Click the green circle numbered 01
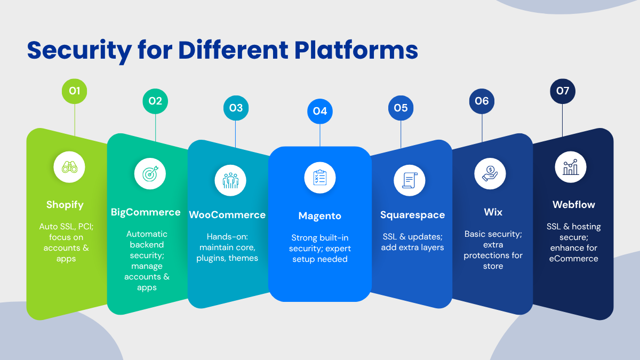pyautogui.click(x=75, y=91)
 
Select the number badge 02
pyautogui.click(x=155, y=101)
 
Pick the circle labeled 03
pyautogui.click(x=236, y=108)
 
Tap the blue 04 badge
pyautogui.click(x=320, y=111)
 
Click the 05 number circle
pyautogui.click(x=401, y=108)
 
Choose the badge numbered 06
pyautogui.click(x=482, y=101)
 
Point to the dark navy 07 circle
pyautogui.click(x=563, y=91)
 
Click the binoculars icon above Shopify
pyautogui.click(x=70, y=167)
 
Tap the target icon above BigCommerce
pyautogui.click(x=150, y=174)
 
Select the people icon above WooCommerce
pyautogui.click(x=230, y=180)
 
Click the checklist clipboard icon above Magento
pyautogui.click(x=320, y=178)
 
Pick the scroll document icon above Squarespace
pyautogui.click(x=410, y=180)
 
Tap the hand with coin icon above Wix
pyautogui.click(x=490, y=174)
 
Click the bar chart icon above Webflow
pyautogui.click(x=571, y=167)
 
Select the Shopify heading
pyautogui.click(x=65, y=205)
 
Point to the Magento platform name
pyautogui.click(x=320, y=216)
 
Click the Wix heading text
pyautogui.click(x=493, y=212)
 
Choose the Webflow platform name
pyautogui.click(x=574, y=205)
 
